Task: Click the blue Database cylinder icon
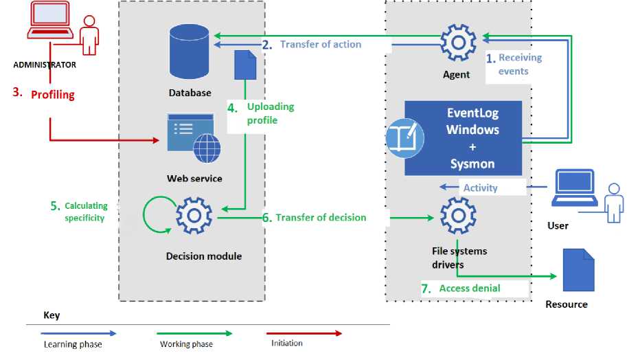(x=189, y=52)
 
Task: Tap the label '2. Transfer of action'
(x=312, y=45)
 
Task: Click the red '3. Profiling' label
(x=45, y=93)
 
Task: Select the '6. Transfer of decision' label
(x=314, y=218)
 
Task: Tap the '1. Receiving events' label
(x=514, y=65)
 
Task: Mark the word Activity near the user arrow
(x=480, y=188)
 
